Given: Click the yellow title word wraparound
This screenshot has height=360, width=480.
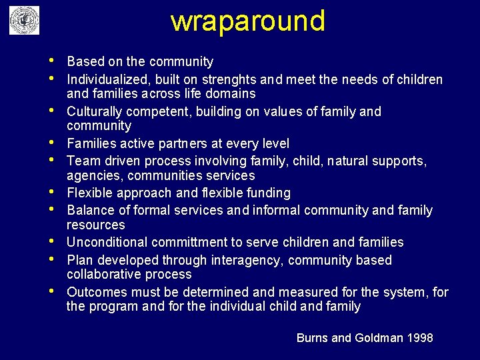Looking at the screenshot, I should coord(248,21).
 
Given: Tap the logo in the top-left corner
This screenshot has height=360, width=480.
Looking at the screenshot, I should coord(24,21).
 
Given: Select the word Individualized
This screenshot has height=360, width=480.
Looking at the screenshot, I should coord(109,80).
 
